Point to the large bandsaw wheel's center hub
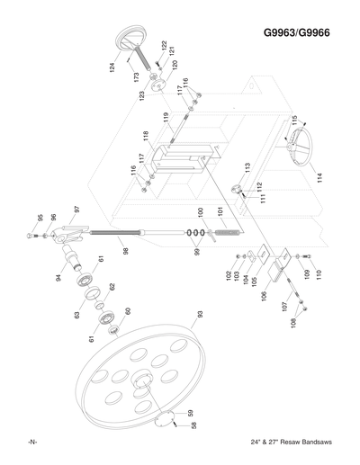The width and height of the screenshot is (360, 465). click(x=141, y=385)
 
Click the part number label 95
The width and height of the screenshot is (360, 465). click(x=40, y=218)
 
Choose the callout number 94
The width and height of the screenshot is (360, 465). click(x=58, y=278)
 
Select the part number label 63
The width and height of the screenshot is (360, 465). click(x=76, y=314)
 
